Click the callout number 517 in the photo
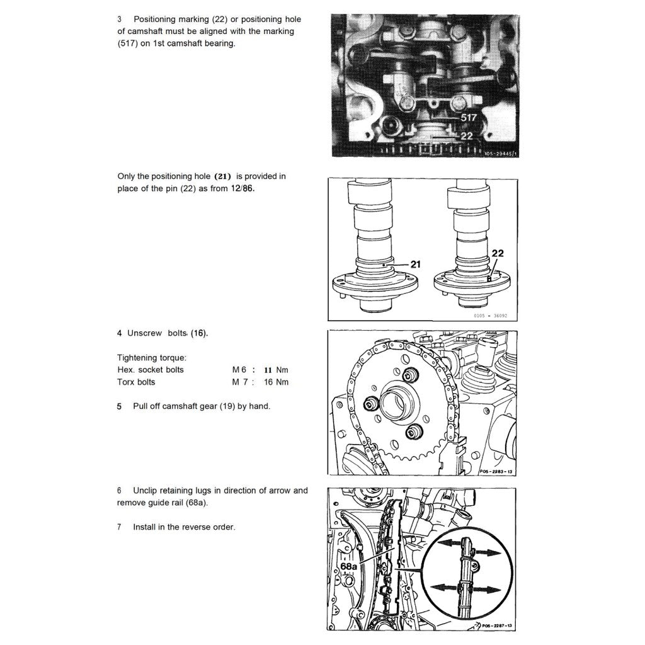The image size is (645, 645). (x=468, y=117)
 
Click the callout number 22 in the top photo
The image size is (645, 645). (x=467, y=135)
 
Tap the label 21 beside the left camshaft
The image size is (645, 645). (x=415, y=265)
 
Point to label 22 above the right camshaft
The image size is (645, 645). (x=498, y=253)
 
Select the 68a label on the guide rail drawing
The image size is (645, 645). (x=349, y=567)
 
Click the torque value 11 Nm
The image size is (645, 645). (x=276, y=370)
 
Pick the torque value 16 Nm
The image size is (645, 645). (x=276, y=382)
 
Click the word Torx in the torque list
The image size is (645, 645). (x=127, y=382)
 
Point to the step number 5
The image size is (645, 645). (x=119, y=406)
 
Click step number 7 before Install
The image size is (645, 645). (x=119, y=527)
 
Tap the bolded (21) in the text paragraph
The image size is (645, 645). (x=223, y=176)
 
